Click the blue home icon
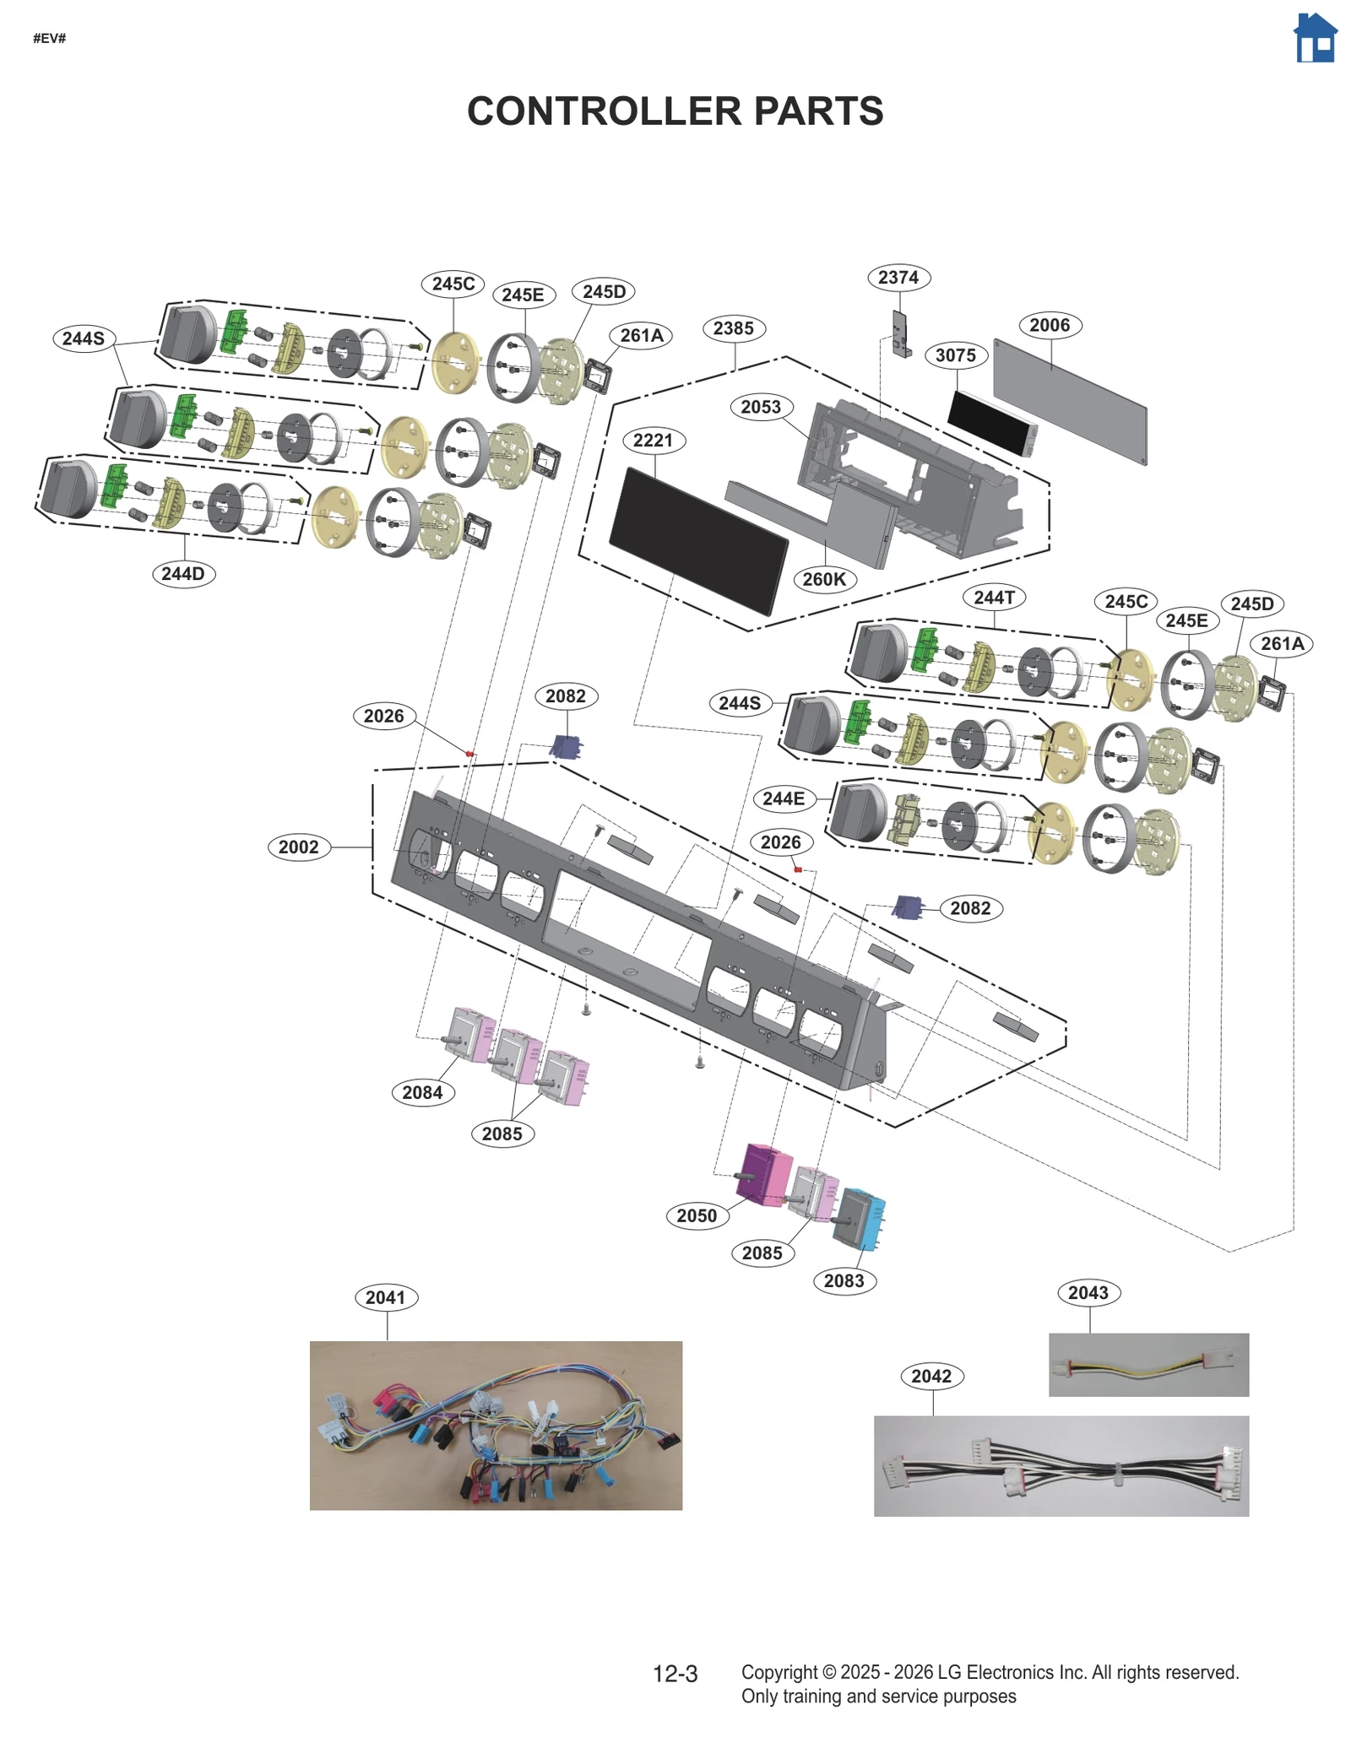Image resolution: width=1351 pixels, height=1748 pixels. pos(1315,39)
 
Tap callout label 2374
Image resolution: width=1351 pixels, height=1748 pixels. pos(898,277)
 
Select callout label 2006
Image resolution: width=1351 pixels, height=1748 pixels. pos(1049,325)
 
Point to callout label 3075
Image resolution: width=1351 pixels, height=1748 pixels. pos(955,355)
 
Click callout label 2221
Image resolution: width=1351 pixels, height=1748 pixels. pos(653,440)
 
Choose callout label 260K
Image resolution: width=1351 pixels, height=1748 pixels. pos(824,579)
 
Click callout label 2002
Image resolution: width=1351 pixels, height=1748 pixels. pos(298,847)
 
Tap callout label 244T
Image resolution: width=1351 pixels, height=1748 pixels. pos(994,598)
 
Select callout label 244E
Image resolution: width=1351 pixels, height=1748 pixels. pos(783,798)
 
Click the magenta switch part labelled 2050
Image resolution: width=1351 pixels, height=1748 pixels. pos(764,1174)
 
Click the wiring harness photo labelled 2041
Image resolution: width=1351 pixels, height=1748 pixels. pos(496,1426)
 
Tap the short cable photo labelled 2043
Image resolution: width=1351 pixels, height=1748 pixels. pos(1148,1365)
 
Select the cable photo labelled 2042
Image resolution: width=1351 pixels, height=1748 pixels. pos(1061,1466)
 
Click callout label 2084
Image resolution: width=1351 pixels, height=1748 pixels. pos(422,1092)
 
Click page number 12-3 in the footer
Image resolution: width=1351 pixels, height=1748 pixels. pos(675,1674)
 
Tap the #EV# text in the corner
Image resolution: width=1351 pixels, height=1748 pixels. pos(49,39)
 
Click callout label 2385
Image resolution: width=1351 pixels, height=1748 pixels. pos(733,328)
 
